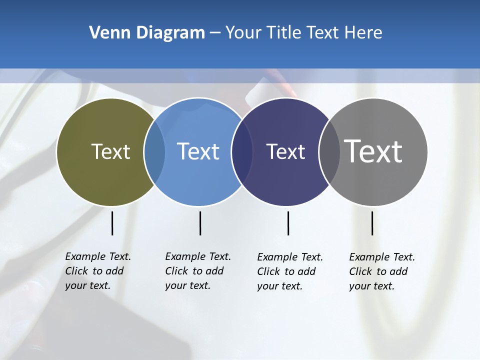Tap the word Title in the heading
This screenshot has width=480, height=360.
tap(283, 33)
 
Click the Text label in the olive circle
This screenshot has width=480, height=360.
tap(110, 151)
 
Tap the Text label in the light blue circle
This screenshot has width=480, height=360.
tap(198, 151)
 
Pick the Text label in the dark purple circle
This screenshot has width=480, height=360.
tap(285, 151)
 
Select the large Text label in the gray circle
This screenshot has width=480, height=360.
tap(373, 151)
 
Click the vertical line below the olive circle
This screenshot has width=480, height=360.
tap(112, 223)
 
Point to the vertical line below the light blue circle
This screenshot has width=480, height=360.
tap(200, 223)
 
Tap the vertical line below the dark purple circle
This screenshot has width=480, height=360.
tap(288, 223)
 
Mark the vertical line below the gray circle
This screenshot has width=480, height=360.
tap(372, 223)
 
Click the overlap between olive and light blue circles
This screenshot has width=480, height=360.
tap(155, 151)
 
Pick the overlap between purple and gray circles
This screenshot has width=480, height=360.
tap(329, 151)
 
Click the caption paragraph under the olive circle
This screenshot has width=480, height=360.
tap(97, 271)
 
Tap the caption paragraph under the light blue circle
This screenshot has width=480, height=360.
tap(197, 271)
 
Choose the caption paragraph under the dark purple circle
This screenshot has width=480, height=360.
tap(289, 271)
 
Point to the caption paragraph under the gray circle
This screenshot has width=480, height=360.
tap(381, 271)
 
